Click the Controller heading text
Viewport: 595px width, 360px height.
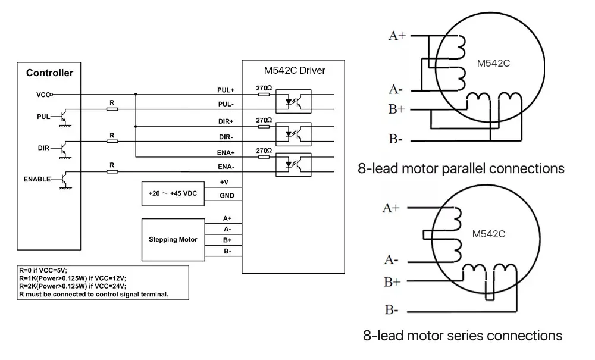49,73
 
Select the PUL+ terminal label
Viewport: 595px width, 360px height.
226,90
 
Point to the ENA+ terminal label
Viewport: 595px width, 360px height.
226,153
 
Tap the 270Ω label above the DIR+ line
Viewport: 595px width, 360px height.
264,120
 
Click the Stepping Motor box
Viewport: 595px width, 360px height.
173,239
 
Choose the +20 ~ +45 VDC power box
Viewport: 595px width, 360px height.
173,194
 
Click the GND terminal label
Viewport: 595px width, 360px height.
227,196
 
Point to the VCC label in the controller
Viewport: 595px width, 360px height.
43,94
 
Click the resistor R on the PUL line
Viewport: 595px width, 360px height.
111,109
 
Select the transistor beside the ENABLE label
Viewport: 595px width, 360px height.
64,178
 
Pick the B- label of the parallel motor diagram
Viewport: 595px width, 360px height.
396,139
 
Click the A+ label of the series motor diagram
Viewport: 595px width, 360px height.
391,208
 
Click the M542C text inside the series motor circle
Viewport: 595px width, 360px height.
489,234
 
